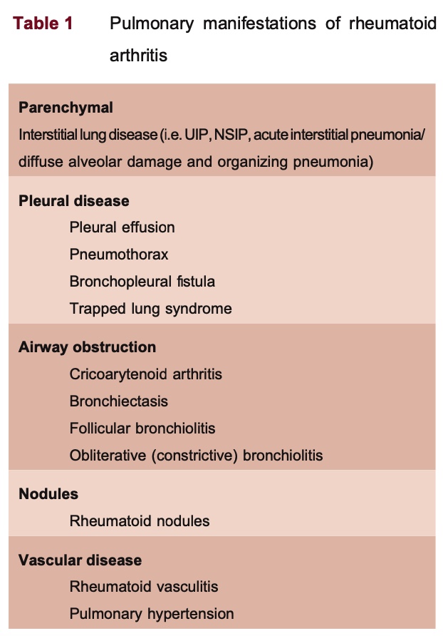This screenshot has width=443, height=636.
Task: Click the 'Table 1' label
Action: tap(43, 24)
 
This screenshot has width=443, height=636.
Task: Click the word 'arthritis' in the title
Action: tap(139, 55)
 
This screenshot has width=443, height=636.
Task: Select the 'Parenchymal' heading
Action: tap(66, 108)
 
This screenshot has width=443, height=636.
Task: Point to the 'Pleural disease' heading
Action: tap(74, 201)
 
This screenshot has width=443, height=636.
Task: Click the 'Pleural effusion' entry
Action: tap(122, 227)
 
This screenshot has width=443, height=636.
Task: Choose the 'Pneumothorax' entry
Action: tap(119, 255)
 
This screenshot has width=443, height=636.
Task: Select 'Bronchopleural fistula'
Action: tap(142, 282)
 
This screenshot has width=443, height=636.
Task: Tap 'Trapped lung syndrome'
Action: tap(151, 309)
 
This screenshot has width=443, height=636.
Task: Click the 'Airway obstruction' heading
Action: tap(87, 348)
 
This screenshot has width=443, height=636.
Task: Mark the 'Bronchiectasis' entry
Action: tap(119, 401)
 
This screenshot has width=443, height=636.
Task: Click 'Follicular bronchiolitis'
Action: tap(142, 429)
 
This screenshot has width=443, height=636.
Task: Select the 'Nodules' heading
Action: tap(48, 494)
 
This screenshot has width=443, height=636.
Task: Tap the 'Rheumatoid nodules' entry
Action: tap(140, 521)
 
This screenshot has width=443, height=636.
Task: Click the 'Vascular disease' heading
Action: tap(80, 560)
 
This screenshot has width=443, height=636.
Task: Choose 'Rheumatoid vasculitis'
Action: tap(144, 587)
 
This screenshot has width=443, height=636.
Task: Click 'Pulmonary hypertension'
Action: tap(152, 614)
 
